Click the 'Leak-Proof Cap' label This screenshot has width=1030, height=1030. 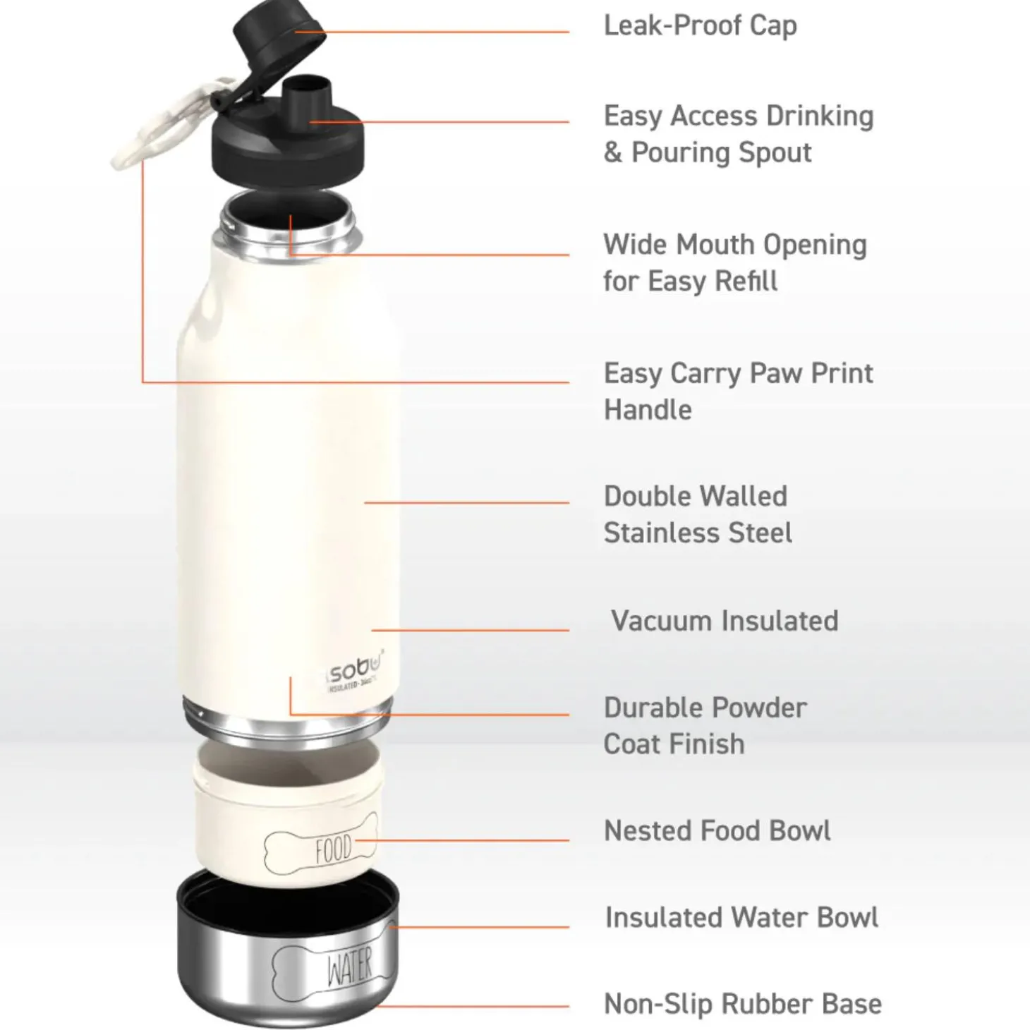tap(700, 26)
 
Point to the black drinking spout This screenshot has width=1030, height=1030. tap(306, 99)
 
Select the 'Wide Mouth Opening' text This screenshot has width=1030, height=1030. tap(734, 245)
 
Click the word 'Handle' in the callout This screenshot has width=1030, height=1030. tap(648, 410)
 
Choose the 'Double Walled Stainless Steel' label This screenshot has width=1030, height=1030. tap(697, 514)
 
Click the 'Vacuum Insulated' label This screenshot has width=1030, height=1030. tap(724, 621)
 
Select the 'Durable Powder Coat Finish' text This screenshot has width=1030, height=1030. tap(704, 725)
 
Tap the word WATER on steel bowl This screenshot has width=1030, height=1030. tap(349, 967)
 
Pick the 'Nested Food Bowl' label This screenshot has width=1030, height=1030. tap(717, 830)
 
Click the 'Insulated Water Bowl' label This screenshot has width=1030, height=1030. tap(741, 917)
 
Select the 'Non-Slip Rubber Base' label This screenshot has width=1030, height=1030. tap(742, 1004)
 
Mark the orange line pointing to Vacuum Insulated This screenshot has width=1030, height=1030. tap(470, 630)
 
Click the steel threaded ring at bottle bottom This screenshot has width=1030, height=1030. tap(287, 720)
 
